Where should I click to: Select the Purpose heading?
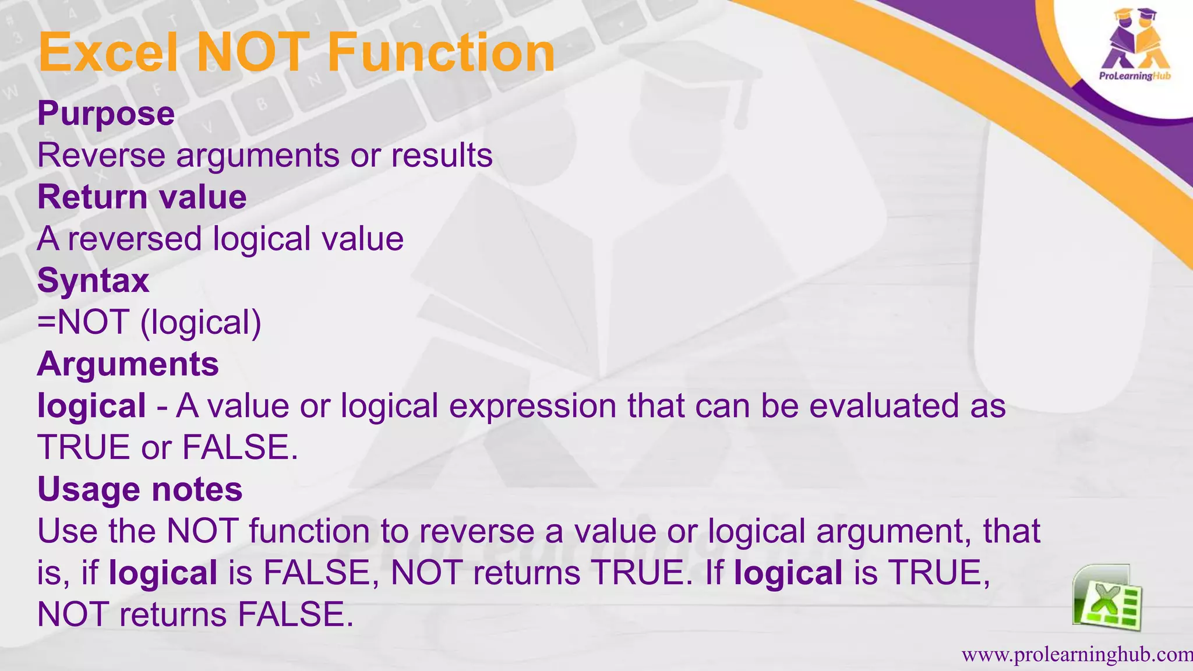click(106, 114)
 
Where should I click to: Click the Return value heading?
click(142, 197)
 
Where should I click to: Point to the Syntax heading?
click(93, 281)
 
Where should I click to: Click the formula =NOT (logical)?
click(149, 322)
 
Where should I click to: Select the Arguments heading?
click(128, 364)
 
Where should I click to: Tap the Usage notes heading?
click(140, 489)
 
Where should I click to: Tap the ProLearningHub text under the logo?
click(1135, 76)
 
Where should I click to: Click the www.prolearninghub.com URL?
click(1076, 655)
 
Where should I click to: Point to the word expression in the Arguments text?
click(532, 406)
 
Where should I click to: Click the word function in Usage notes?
click(309, 531)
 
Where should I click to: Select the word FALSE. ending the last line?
click(295, 615)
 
